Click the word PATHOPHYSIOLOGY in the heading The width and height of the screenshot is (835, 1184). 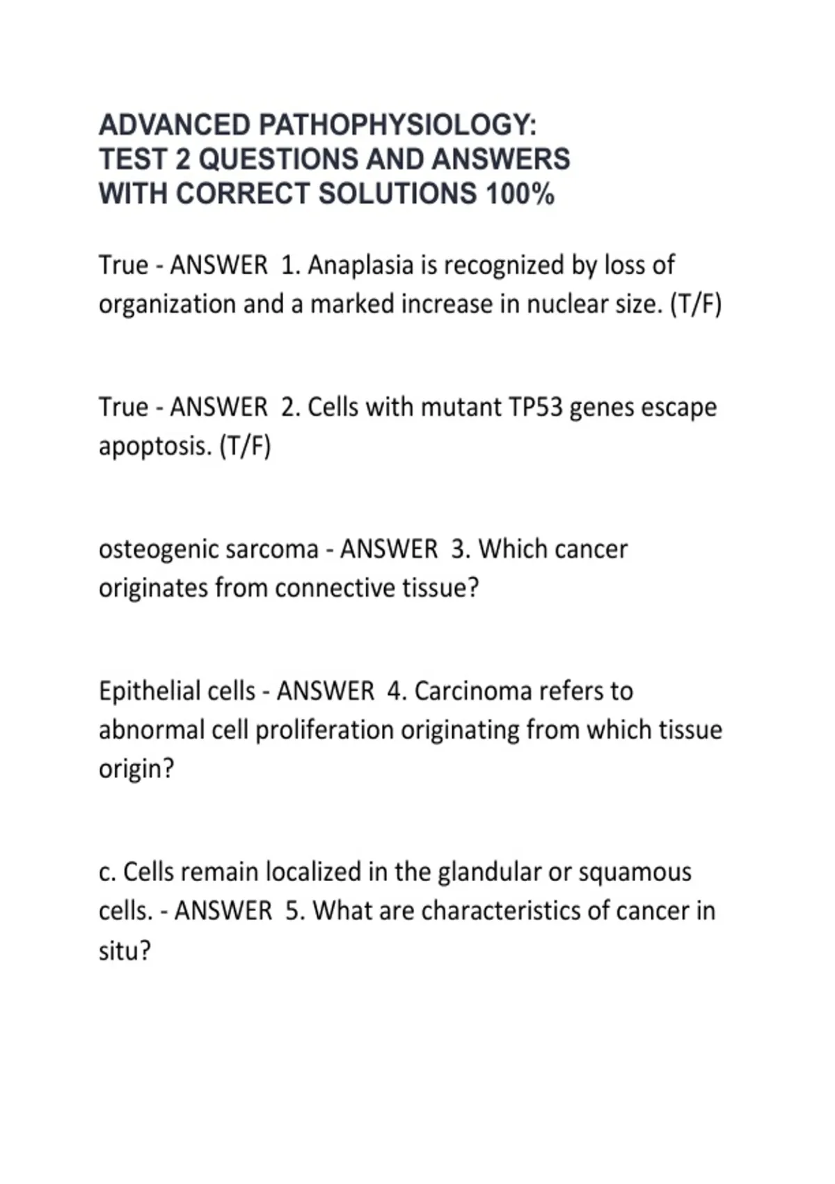[x=397, y=125]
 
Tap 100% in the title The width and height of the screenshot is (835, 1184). [x=520, y=194]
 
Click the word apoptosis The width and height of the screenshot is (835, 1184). [x=154, y=446]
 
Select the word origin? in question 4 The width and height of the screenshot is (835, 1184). [x=136, y=770]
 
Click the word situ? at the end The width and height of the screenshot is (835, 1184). [x=125, y=951]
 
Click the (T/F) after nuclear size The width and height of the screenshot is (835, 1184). [x=695, y=305]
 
